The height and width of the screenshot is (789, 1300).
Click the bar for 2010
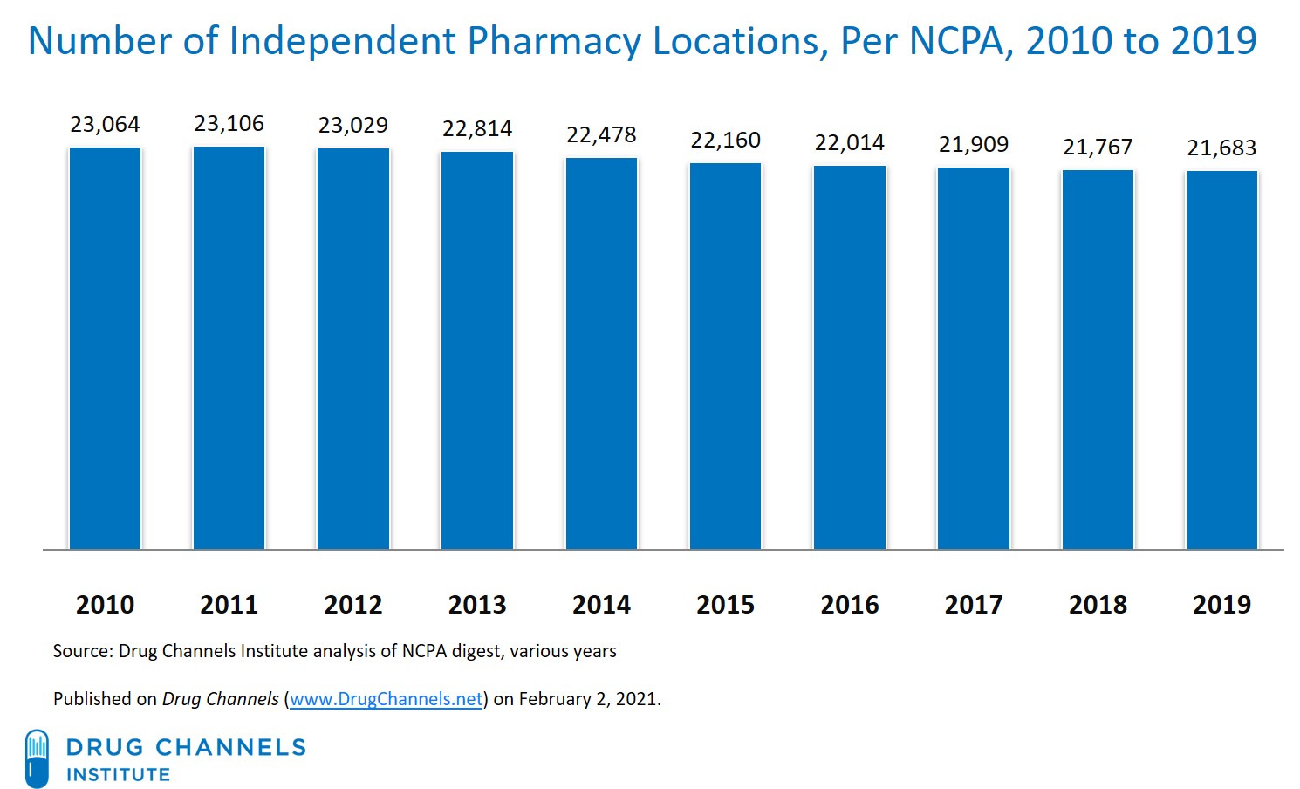105,349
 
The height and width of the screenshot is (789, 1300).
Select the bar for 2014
601,353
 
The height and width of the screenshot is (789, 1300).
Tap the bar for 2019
1221,360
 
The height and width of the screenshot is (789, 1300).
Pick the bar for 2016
850,358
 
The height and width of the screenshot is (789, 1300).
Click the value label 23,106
229,124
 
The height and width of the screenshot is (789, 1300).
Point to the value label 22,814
477,129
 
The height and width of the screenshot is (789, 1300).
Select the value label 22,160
725,141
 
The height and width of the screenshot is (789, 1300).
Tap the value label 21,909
974,145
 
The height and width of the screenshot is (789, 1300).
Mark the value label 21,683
1221,148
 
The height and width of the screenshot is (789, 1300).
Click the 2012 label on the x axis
353,604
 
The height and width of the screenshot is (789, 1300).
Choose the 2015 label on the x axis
725,604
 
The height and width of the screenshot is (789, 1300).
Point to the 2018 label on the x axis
1098,604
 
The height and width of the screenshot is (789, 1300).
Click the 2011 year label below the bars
229,604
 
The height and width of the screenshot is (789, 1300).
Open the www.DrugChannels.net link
386,699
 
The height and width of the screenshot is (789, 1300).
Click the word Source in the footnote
82,651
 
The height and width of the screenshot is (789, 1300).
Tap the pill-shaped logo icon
37,758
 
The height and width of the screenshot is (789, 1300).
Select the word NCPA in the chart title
956,41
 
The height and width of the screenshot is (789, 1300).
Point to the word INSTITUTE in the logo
119,775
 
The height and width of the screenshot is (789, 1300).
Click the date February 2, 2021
589,699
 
